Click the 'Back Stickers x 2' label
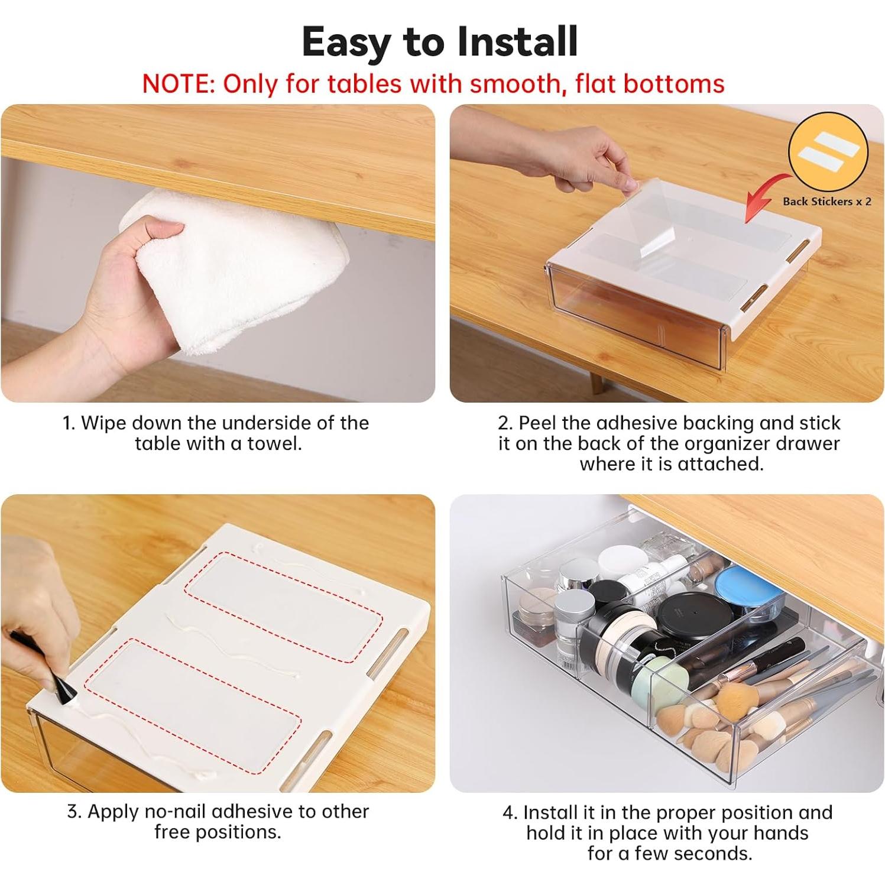point(826,202)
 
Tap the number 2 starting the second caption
point(504,423)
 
